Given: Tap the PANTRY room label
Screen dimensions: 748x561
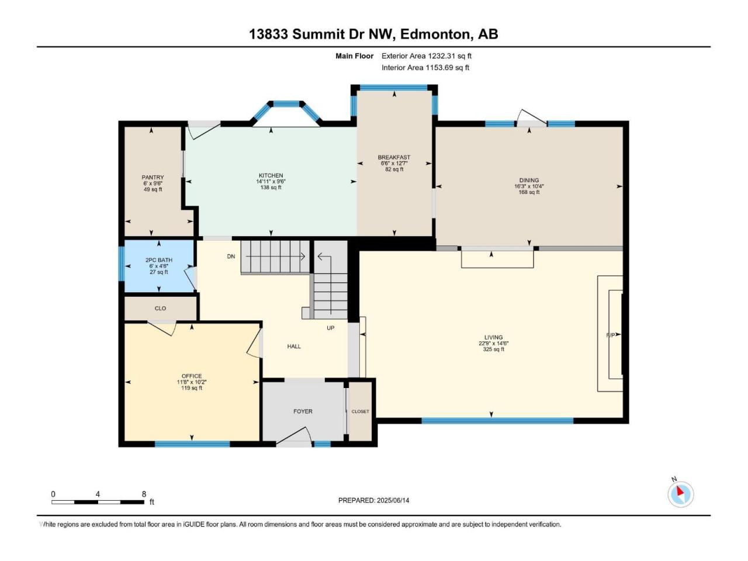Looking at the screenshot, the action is tap(153, 177).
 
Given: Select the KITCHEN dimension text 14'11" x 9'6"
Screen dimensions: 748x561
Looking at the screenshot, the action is tap(271, 182).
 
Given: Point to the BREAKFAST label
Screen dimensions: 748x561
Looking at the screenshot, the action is tap(394, 157).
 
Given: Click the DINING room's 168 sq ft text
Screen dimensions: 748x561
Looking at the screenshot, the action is tap(529, 192).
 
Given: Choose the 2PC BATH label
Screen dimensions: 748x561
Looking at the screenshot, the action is tap(159, 260).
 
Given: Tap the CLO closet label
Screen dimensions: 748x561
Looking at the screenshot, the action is tap(160, 309).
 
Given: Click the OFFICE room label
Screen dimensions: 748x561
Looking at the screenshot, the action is tap(192, 376).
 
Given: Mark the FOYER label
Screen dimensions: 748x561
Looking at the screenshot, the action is tap(303, 411).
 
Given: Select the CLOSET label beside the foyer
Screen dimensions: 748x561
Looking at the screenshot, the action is tap(360, 411).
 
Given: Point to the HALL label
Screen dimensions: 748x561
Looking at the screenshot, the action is tap(294, 347).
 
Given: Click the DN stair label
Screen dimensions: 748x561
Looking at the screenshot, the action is tap(231, 257).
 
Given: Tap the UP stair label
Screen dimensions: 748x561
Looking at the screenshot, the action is tap(331, 328).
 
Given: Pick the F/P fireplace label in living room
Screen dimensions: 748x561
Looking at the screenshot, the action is tap(611, 335).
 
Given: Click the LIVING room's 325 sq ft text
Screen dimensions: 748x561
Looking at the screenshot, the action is tap(493, 349).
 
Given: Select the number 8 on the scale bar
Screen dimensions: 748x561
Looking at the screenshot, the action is tap(144, 494).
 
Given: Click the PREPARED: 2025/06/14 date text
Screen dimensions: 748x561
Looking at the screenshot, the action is tap(373, 500).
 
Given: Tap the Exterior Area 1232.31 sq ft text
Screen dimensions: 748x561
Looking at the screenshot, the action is tap(427, 56).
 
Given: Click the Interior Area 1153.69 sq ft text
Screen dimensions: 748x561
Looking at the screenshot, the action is tap(425, 67).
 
